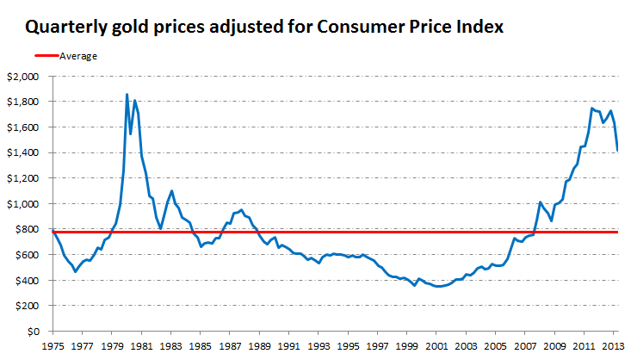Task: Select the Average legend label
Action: tap(78, 56)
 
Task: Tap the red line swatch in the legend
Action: tap(41, 56)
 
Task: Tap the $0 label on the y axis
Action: tap(34, 332)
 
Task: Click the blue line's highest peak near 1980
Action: tap(127, 95)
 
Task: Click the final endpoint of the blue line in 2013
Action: tap(616, 151)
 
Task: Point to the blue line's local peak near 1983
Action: tap(172, 191)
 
